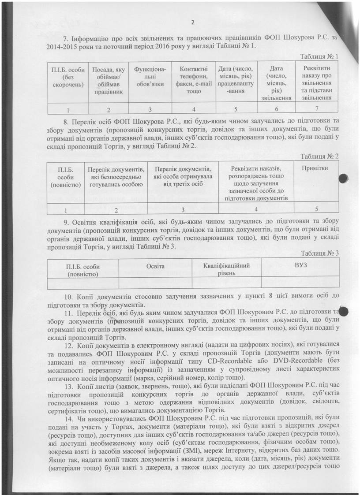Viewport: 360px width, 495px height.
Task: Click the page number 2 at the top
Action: coord(193,23)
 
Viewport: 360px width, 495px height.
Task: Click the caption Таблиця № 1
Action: coord(319,57)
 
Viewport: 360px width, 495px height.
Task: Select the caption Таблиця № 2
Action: coord(319,157)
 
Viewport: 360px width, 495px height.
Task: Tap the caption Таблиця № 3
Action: coord(319,253)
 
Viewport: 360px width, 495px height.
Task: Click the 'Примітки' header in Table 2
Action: coord(314,169)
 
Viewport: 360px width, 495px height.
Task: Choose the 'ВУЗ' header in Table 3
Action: coord(300,266)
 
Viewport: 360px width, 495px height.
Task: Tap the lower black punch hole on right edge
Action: coord(344,312)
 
